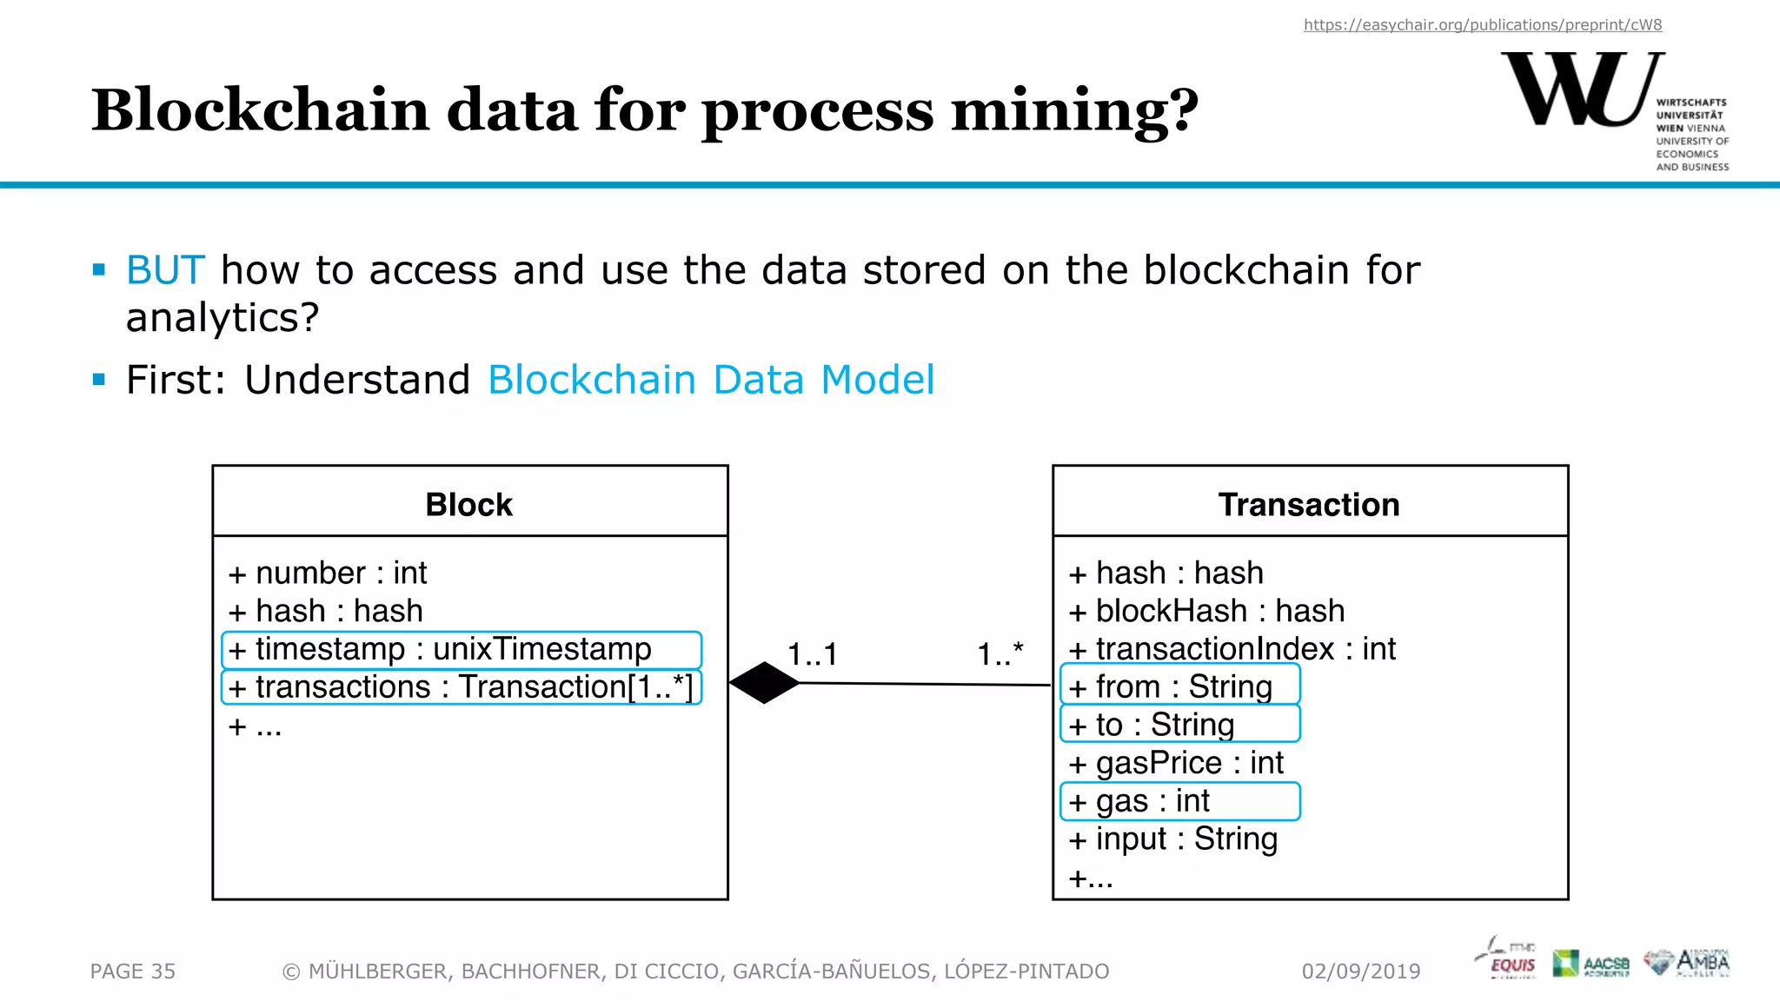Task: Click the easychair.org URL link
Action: [1482, 25]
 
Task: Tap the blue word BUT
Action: [165, 270]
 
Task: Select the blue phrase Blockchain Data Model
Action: [711, 381]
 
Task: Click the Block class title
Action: [469, 505]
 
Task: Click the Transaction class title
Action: [1309, 505]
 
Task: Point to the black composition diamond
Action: [764, 683]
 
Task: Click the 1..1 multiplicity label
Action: [812, 654]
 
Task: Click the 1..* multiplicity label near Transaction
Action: [1000, 654]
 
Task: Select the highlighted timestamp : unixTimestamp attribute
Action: [462, 650]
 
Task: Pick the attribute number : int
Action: [328, 573]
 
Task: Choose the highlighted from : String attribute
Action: [1180, 686]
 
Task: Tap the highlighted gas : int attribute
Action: [1180, 801]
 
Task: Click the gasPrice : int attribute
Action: [1176, 763]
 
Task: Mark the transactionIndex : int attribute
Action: [1232, 649]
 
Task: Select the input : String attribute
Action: [1173, 839]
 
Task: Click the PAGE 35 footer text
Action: [133, 971]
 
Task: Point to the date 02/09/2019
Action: [1361, 971]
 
